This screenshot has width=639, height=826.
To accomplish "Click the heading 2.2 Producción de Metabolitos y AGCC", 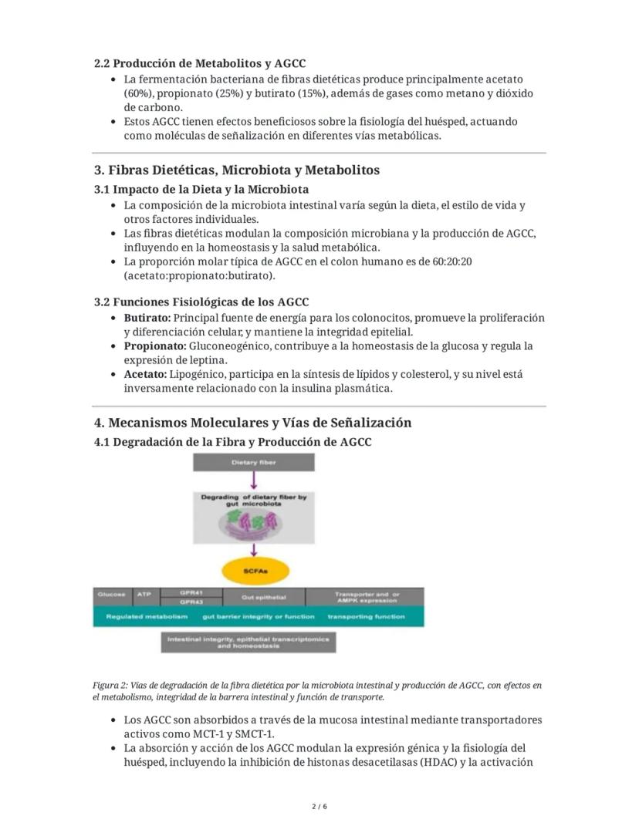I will tap(199, 63).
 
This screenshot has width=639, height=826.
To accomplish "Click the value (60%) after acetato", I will tap(138, 93).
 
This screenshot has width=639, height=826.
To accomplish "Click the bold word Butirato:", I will tap(147, 318).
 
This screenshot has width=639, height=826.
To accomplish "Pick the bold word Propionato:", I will tap(154, 346).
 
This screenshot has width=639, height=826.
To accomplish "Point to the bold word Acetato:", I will tap(145, 375).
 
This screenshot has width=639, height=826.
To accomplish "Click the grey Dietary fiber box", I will tap(254, 463).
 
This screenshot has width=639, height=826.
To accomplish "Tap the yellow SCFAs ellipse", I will tap(254, 571).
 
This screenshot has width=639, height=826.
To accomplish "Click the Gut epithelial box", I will tap(263, 597).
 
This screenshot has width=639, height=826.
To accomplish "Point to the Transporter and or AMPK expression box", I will tap(365, 597).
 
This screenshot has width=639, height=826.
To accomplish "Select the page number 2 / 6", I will tap(319, 807).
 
